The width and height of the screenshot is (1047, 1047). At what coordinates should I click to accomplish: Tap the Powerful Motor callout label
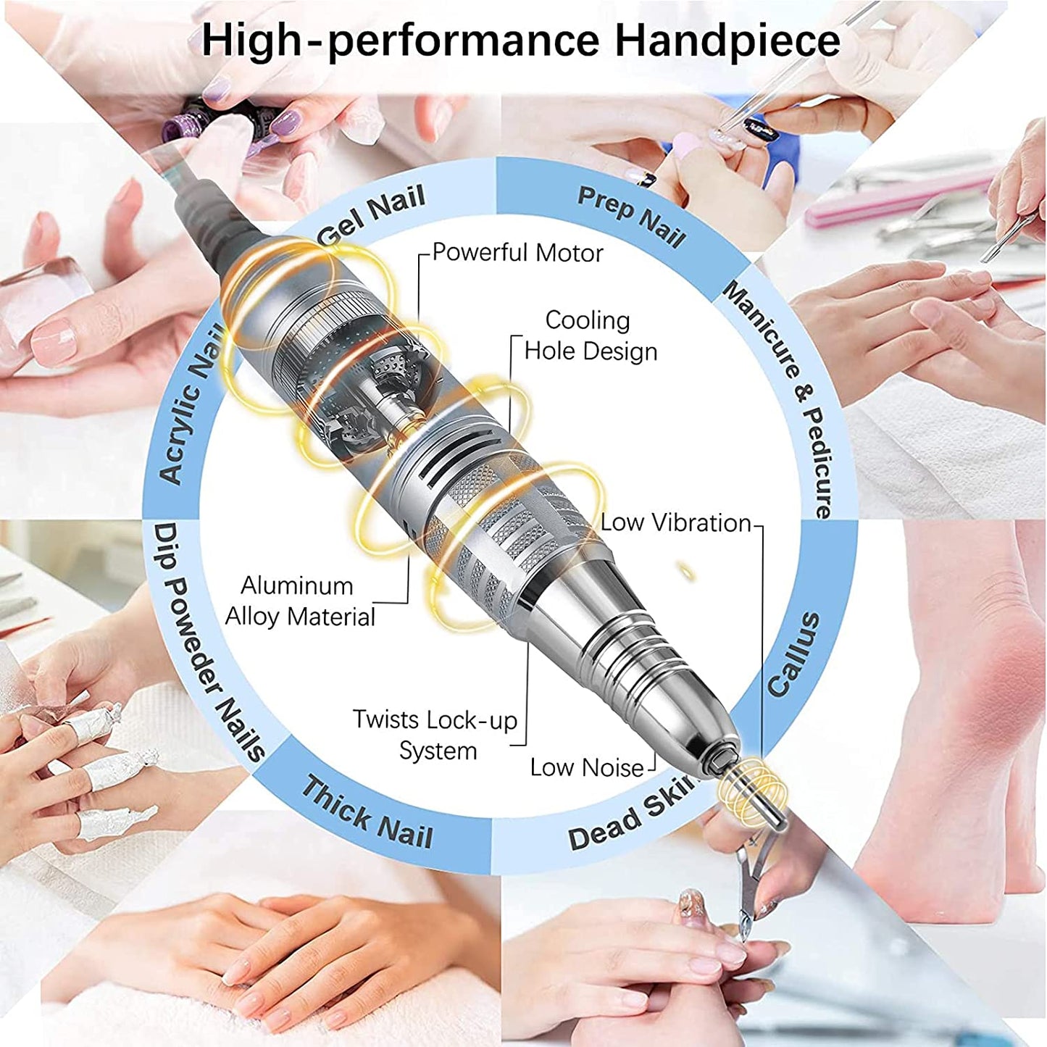517,253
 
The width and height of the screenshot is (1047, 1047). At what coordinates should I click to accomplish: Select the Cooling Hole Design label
591,335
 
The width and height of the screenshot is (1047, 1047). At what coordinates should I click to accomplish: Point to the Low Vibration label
675,522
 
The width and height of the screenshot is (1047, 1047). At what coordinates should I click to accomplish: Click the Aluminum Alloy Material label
300,601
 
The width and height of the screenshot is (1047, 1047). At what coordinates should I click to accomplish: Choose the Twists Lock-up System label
435,735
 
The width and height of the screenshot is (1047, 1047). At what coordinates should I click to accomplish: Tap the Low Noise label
587,768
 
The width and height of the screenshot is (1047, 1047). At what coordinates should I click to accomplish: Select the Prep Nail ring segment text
631,216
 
